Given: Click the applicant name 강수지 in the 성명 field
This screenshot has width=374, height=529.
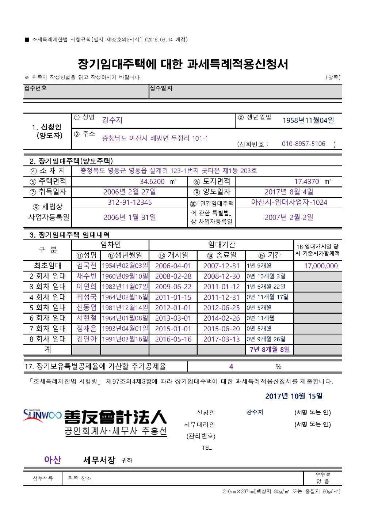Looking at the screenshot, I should (x=112, y=120).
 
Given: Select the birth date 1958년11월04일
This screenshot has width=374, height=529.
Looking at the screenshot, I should (x=308, y=120).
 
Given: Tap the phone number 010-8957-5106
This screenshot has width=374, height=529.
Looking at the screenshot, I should (x=303, y=144).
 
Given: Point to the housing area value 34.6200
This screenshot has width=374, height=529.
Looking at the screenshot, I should (x=152, y=181).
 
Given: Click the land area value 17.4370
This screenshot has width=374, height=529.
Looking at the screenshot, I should (x=306, y=181).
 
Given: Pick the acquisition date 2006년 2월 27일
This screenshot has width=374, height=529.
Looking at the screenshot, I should (x=129, y=192).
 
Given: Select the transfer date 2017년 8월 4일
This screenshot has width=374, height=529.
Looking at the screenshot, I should (x=289, y=192).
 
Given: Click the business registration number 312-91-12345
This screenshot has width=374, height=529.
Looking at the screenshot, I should (x=130, y=202).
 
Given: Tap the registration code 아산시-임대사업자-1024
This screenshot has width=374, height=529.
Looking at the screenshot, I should (x=289, y=202).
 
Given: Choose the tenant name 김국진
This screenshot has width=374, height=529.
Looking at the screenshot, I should (x=87, y=266).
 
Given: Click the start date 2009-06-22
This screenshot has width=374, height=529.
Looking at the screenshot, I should (x=173, y=287).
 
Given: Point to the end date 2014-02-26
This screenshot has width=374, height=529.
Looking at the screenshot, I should (x=221, y=318).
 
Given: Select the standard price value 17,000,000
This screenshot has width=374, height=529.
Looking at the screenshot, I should (x=321, y=266).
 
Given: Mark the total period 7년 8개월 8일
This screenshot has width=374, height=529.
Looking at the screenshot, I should (x=269, y=349).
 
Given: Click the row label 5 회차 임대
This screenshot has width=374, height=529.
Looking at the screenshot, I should (x=47, y=307).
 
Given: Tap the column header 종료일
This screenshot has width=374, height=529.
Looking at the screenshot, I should (x=221, y=255).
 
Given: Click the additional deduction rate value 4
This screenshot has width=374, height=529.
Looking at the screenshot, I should (x=231, y=366).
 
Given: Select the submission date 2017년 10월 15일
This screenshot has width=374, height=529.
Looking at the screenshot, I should (x=294, y=396).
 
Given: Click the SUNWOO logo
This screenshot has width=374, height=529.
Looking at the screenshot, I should (x=42, y=415).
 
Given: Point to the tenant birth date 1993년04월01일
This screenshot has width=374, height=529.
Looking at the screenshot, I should (x=125, y=329).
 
